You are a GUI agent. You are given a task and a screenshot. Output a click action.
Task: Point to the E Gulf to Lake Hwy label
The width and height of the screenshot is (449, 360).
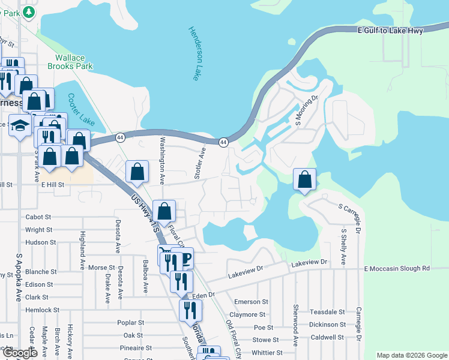pyautogui.click(x=390, y=30)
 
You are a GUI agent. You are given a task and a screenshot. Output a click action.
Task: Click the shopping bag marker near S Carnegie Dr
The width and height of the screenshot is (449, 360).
pyautogui.click(x=305, y=179)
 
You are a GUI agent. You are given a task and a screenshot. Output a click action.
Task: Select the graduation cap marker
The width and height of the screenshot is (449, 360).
pyautogui.click(x=20, y=126)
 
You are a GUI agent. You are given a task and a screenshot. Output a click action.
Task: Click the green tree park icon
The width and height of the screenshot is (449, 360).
pyautogui.click(x=28, y=11)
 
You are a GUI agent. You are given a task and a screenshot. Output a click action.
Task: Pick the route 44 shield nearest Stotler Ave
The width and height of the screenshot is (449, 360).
pyautogui.click(x=223, y=142)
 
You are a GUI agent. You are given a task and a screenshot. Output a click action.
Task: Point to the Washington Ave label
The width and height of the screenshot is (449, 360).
pyautogui.click(x=161, y=160)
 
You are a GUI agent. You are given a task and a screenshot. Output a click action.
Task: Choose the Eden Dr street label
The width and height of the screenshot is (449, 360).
pyautogui.click(x=203, y=295)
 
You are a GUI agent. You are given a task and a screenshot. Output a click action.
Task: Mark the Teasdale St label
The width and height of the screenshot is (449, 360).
pyautogui.click(x=327, y=312)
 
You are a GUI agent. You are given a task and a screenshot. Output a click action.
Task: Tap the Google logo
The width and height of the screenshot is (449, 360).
pyautogui.click(x=20, y=353)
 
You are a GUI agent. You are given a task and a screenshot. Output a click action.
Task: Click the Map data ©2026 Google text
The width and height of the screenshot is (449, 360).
pyautogui.click(x=412, y=355)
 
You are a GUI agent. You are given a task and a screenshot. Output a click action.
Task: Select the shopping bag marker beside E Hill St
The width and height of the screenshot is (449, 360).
pyautogui.click(x=137, y=171)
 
